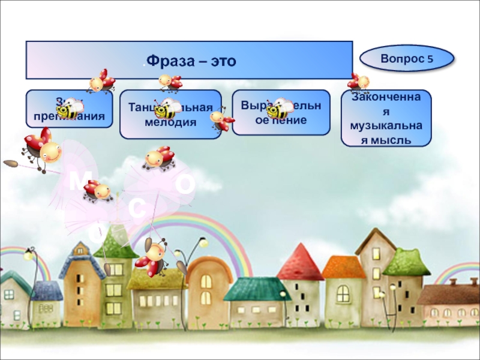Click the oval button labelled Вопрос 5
(x=407, y=59)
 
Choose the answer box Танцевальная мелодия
(x=170, y=115)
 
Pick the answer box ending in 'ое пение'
(x=281, y=112)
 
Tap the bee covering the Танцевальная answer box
(x=168, y=110)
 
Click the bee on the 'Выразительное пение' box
(x=280, y=109)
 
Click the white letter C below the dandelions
(x=137, y=208)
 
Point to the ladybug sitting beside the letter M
(x=98, y=191)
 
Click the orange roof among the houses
(x=343, y=267)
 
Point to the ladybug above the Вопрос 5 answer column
(x=359, y=82)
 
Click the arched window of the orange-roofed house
(x=343, y=293)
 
